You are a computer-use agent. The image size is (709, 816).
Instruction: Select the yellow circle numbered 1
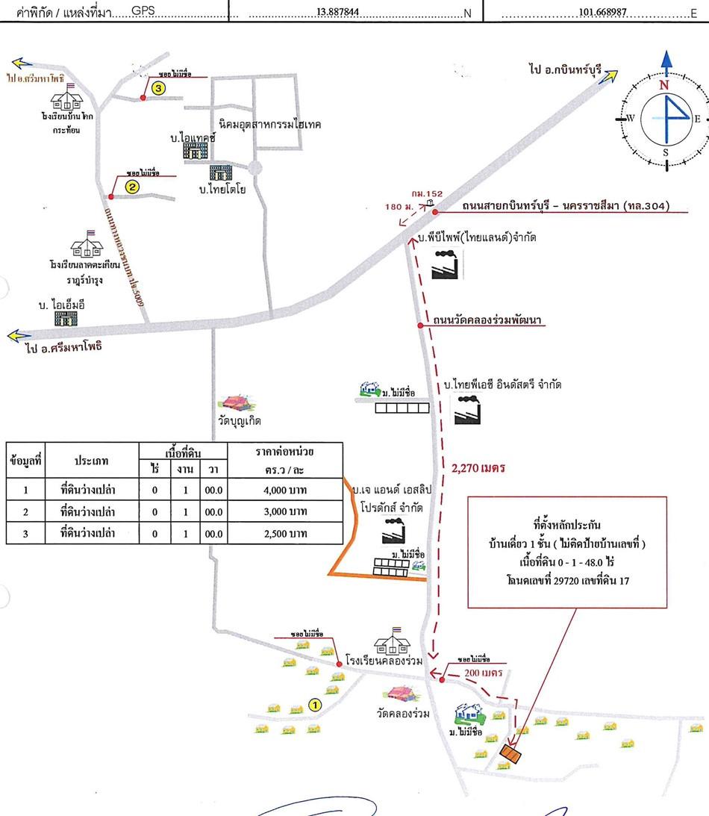point(315,704)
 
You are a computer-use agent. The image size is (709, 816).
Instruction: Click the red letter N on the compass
point(663,85)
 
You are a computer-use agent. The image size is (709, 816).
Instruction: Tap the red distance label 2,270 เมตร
point(479,468)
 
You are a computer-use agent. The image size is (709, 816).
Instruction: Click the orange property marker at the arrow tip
point(511,753)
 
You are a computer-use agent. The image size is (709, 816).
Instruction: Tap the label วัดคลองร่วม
point(403,714)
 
